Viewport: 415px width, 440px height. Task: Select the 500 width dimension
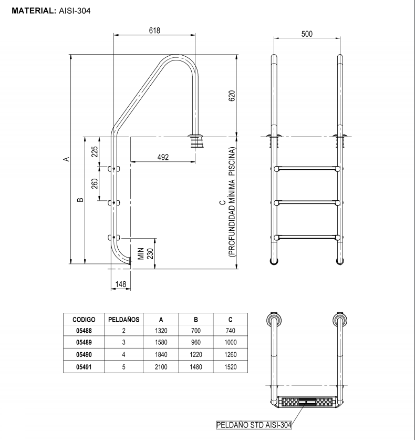coord(307,34)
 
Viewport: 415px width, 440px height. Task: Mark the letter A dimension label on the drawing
coord(66,158)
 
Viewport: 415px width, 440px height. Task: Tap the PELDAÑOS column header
coord(123,320)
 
